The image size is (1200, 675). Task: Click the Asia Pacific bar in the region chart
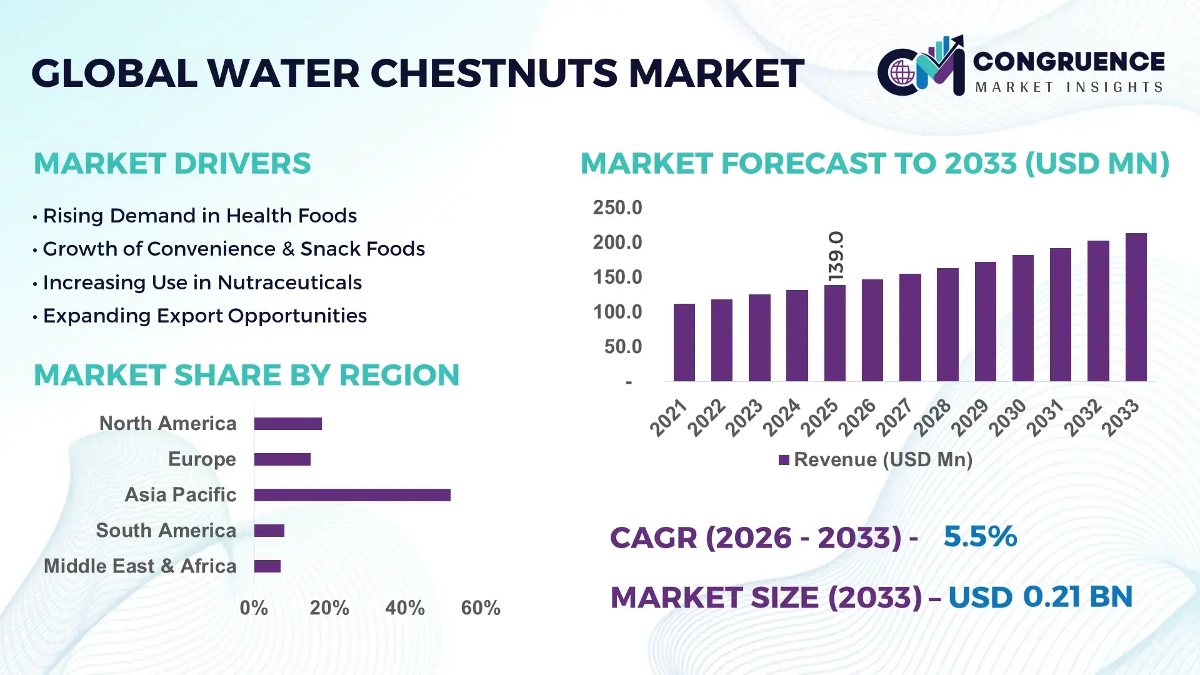click(x=352, y=495)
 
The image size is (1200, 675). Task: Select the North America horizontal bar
click(x=287, y=424)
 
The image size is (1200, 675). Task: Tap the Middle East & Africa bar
click(x=267, y=566)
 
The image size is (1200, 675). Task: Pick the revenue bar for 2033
click(x=1136, y=307)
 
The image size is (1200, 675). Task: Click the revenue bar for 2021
click(x=684, y=342)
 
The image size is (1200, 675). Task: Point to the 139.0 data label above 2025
click(x=836, y=256)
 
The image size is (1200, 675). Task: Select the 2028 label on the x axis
click(x=932, y=417)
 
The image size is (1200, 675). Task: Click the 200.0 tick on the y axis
click(x=617, y=242)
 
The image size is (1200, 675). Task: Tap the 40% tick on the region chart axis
click(x=404, y=608)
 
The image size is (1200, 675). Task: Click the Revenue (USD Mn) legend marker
click(x=784, y=461)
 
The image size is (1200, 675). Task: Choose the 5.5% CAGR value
click(x=979, y=536)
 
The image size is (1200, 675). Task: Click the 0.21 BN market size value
click(x=1077, y=596)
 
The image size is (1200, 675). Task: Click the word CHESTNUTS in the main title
click(x=494, y=73)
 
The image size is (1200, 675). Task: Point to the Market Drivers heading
click(x=172, y=164)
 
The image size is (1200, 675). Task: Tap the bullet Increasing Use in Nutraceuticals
click(x=202, y=282)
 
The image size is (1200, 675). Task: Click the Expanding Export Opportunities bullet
click(x=204, y=316)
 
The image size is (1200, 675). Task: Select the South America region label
click(x=166, y=531)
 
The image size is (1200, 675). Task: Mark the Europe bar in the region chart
click(x=282, y=459)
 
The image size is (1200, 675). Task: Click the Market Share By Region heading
click(x=246, y=375)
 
